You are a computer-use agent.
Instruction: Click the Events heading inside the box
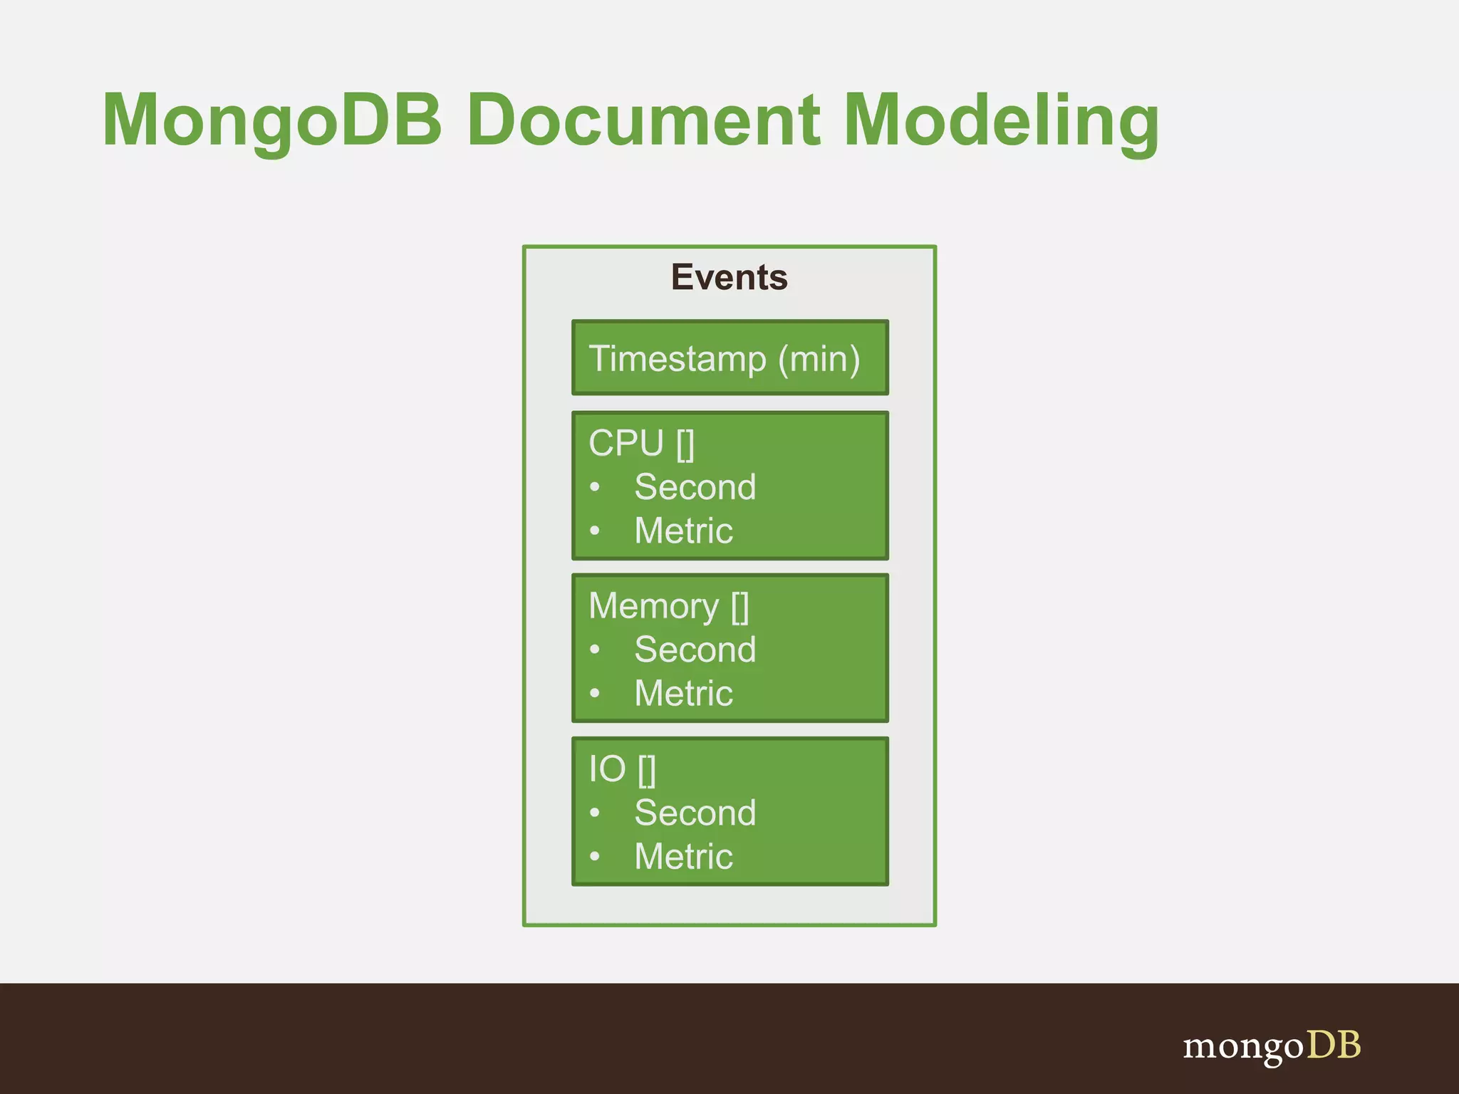click(x=729, y=277)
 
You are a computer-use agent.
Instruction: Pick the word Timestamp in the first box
click(x=677, y=358)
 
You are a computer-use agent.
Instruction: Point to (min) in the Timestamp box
click(x=819, y=358)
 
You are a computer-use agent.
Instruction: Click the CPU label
click(x=626, y=443)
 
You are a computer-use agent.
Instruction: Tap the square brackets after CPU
click(x=685, y=444)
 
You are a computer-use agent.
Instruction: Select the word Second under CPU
click(x=695, y=487)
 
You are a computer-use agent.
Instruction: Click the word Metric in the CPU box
click(x=683, y=531)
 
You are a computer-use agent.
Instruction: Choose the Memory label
click(x=653, y=606)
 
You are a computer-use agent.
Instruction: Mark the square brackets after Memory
click(x=740, y=607)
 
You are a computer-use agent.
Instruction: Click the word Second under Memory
click(x=695, y=650)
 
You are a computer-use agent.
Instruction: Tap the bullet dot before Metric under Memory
click(x=595, y=693)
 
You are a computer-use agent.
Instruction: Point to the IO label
click(x=607, y=769)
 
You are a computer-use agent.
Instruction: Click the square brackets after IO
click(x=647, y=770)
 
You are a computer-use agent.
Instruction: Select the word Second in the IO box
click(x=695, y=813)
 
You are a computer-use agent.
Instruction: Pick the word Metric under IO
click(x=683, y=856)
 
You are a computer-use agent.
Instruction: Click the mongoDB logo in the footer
click(x=1272, y=1046)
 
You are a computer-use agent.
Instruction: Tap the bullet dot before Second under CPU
click(x=595, y=487)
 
